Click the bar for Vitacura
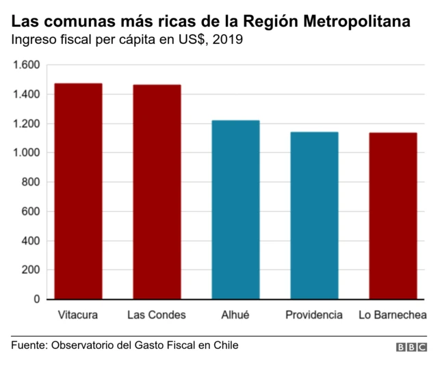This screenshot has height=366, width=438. coord(78,191)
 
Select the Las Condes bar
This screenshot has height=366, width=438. coord(157,192)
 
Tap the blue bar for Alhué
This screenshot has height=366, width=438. coord(235,210)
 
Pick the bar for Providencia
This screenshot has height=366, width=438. coord(314,215)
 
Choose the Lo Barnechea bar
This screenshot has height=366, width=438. coord(393,216)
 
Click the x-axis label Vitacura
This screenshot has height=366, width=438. coord(78,315)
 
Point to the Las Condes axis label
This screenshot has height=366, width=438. coord(157,315)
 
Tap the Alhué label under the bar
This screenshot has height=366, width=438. coord(235,315)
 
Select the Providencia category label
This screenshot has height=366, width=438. coord(314,315)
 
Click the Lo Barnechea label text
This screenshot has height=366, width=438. coord(393,315)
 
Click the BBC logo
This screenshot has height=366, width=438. coord(411,347)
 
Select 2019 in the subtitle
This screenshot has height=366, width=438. coord(228,40)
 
